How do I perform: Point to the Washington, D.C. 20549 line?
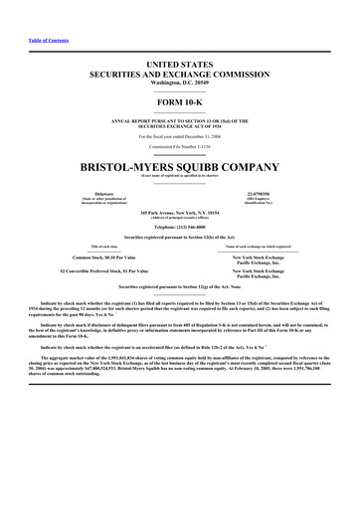click(x=180, y=83)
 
